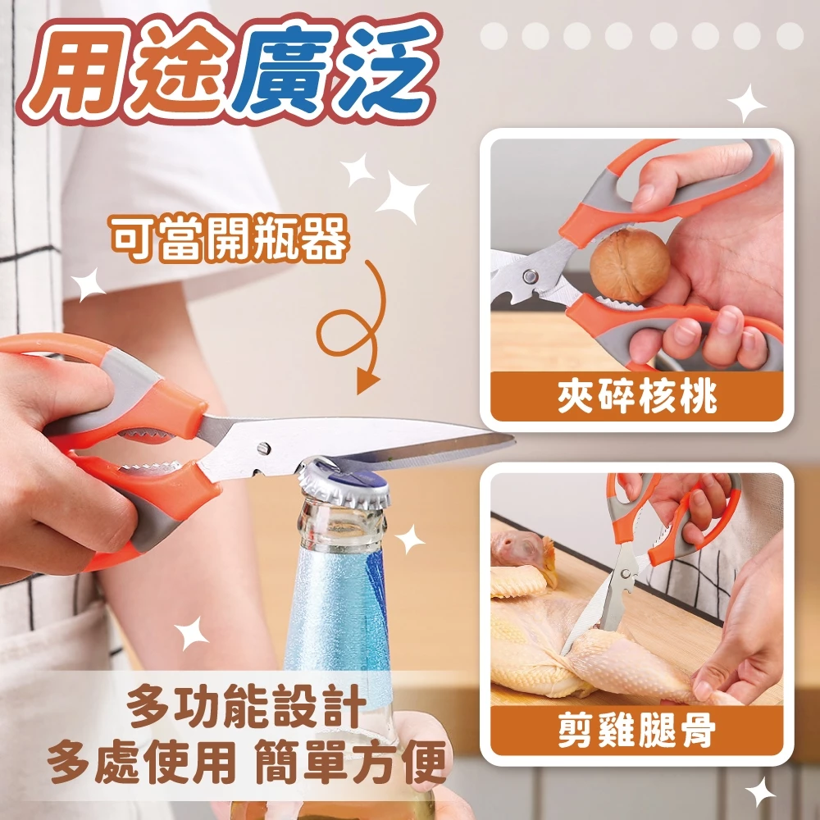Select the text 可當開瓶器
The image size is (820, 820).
point(230,240)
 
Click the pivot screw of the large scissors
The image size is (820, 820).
point(262,448)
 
